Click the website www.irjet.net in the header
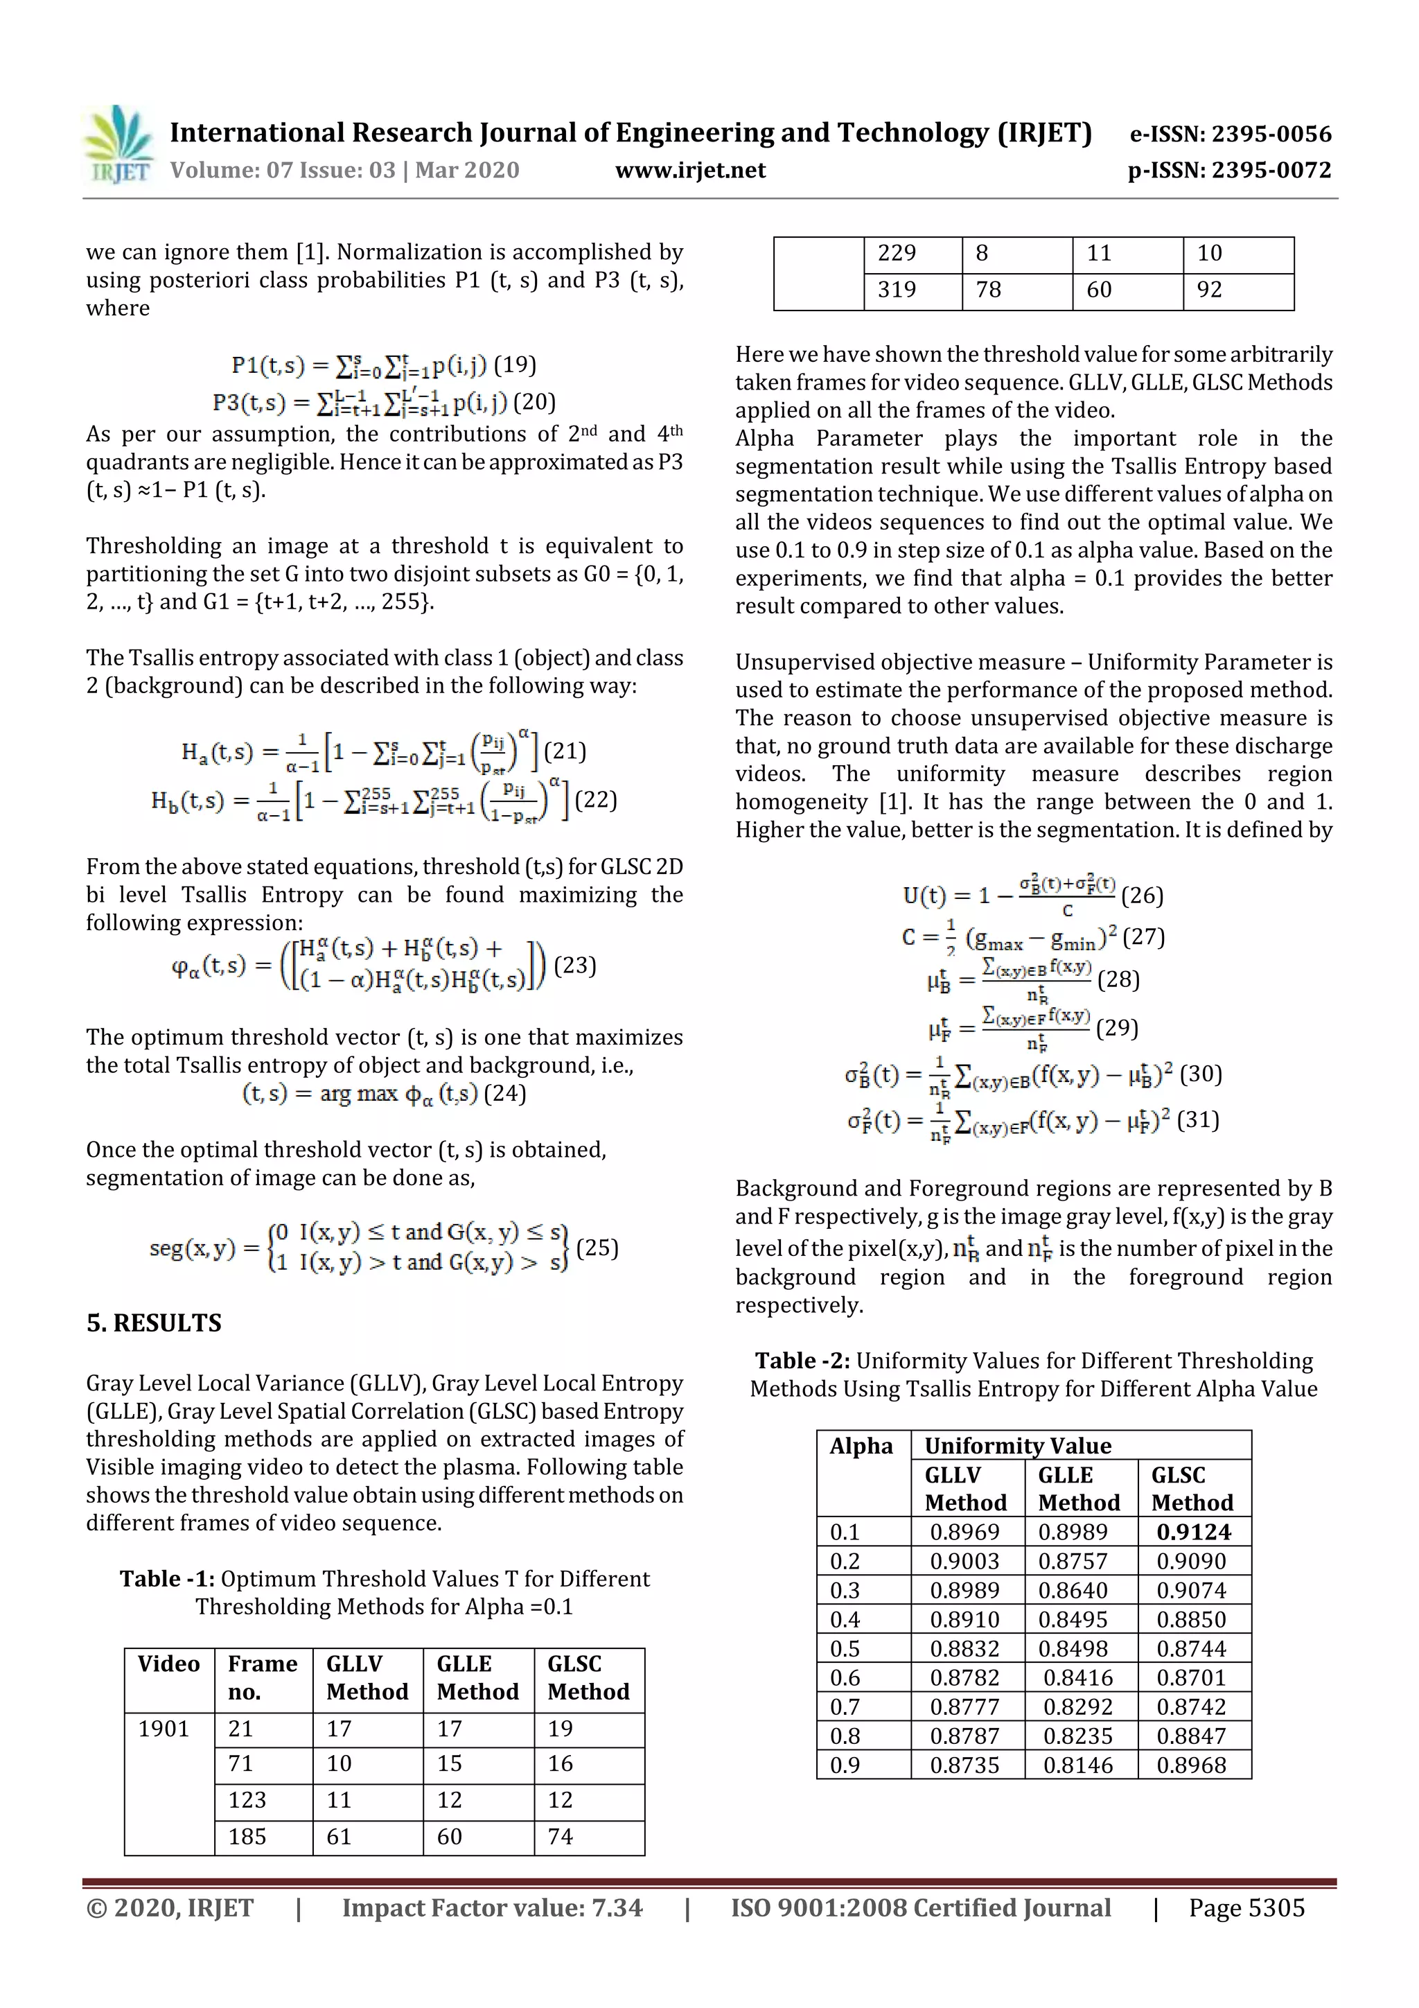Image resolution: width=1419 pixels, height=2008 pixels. pos(690,171)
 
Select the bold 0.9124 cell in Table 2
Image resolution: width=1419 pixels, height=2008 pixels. pos(1193,1531)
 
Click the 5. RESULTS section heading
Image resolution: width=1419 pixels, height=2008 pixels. pos(154,1322)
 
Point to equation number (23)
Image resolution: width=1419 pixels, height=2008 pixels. pos(575,966)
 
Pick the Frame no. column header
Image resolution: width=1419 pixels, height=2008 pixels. pos(263,1677)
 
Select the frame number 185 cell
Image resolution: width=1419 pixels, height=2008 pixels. pos(247,1837)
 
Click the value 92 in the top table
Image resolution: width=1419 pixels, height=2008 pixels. pos(1209,290)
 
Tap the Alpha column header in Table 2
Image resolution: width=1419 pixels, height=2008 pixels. pos(861,1446)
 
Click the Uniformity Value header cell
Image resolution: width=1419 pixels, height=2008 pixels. pos(1018,1446)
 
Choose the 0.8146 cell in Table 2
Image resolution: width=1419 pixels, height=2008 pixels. pos(1078,1765)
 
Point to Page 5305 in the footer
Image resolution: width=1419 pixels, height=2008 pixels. pos(1246,1907)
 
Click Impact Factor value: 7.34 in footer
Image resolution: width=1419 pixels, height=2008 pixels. pos(492,1907)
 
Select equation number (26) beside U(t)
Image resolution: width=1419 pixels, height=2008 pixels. pos(1142,896)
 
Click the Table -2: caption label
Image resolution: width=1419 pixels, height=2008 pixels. pos(802,1361)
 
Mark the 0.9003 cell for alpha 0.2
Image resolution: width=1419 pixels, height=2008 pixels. pos(964,1561)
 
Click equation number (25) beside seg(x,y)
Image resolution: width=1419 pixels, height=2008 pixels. pos(597,1247)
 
